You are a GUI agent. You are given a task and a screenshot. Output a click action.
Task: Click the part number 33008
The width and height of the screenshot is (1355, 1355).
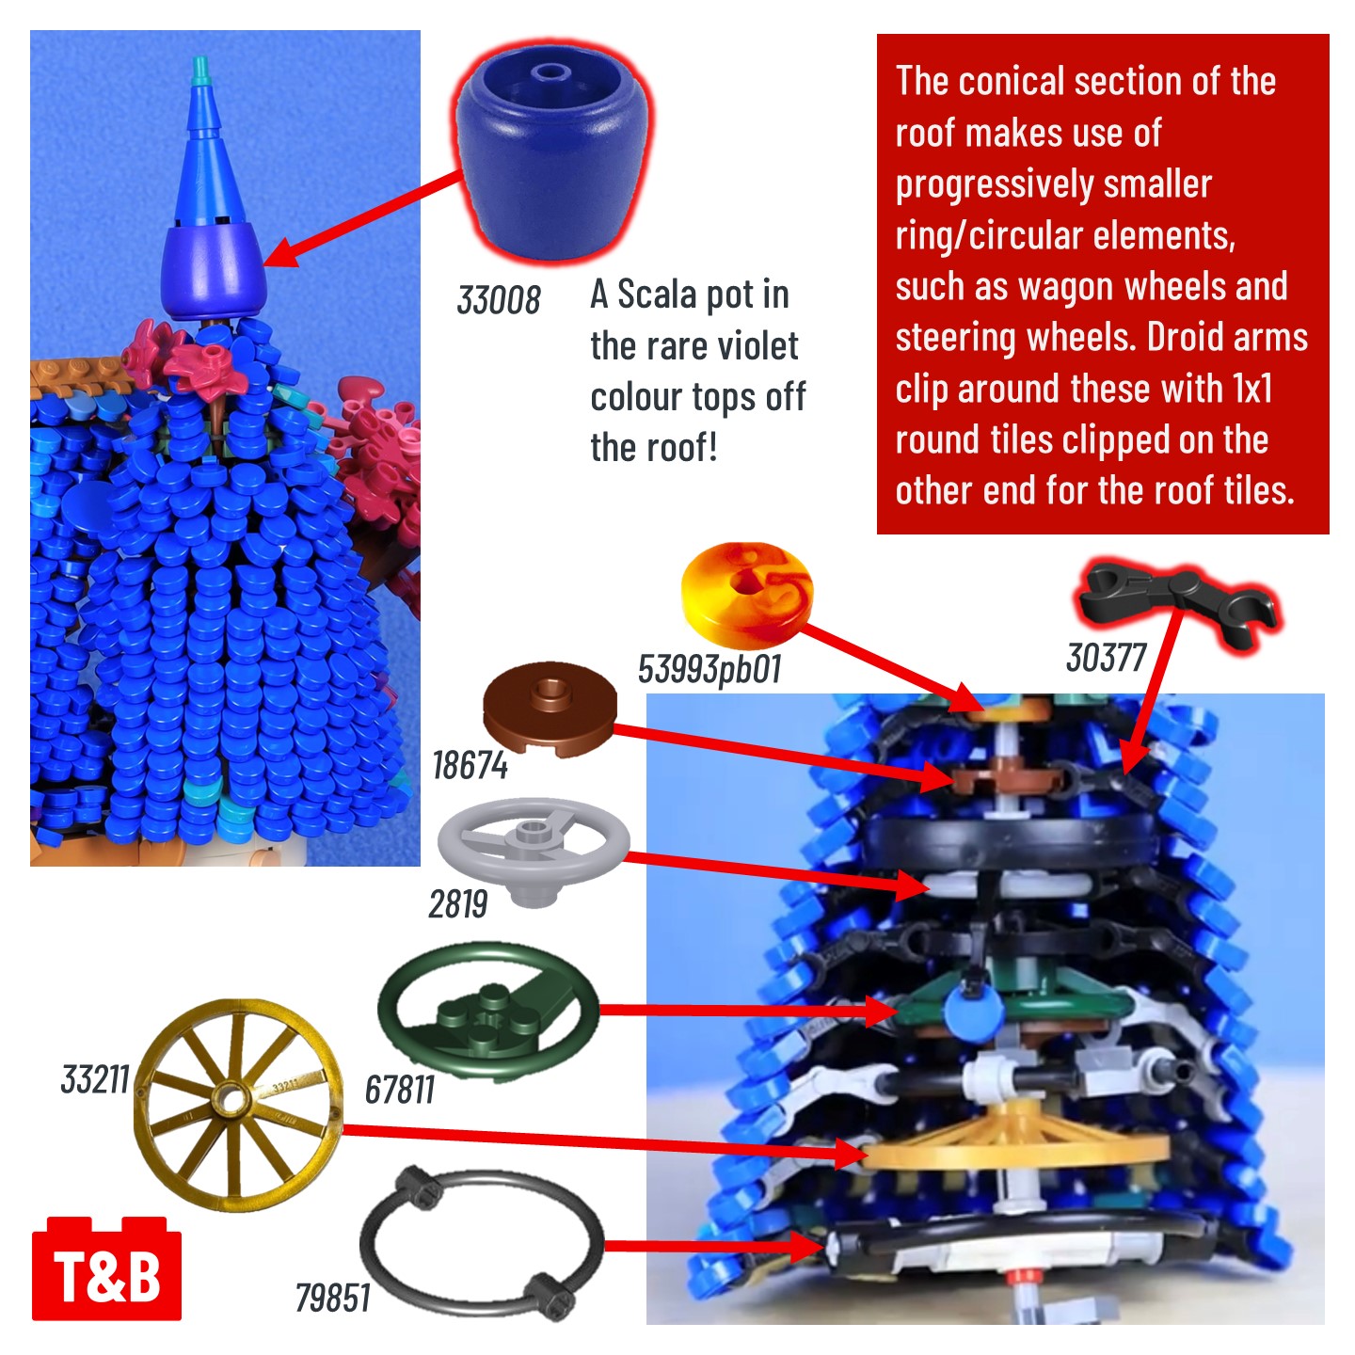tap(498, 300)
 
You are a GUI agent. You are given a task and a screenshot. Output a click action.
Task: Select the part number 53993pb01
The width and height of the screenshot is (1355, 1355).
tap(709, 669)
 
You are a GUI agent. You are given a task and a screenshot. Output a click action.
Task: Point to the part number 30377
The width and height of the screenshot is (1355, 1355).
tap(1106, 658)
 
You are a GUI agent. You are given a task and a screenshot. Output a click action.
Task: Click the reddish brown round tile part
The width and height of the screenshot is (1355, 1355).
tap(550, 709)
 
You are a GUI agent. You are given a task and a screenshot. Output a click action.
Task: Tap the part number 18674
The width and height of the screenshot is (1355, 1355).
tap(470, 765)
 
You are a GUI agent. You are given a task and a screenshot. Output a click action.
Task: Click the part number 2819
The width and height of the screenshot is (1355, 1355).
tap(457, 904)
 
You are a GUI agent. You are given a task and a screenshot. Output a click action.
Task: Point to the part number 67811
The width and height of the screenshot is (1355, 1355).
tap(399, 1091)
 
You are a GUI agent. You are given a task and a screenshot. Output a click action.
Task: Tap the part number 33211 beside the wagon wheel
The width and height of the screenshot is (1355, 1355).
tap(95, 1079)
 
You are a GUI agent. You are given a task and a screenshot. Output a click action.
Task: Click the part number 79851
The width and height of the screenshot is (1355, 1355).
tap(332, 1298)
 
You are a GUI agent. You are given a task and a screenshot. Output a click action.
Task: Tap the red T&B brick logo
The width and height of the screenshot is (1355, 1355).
tap(107, 1267)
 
